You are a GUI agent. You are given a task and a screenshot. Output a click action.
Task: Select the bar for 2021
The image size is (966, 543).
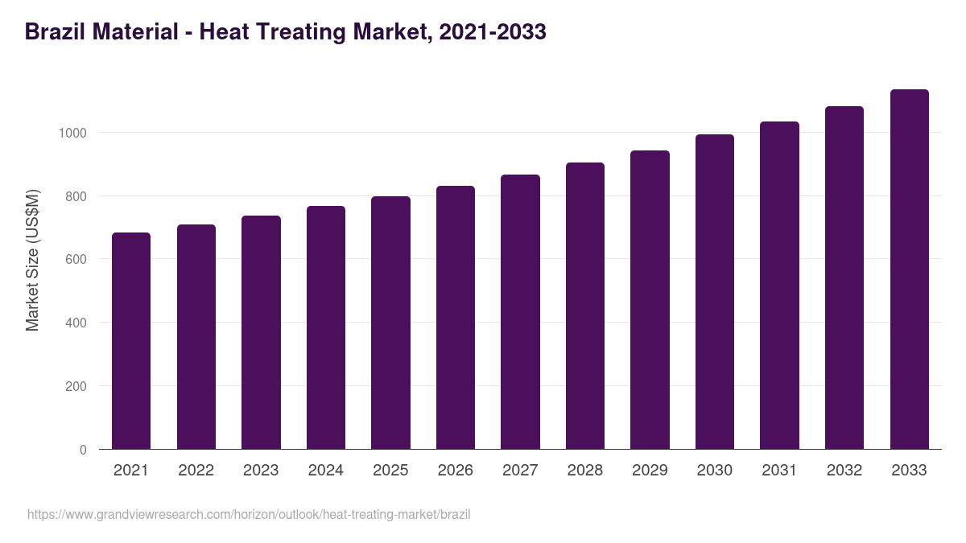(x=131, y=341)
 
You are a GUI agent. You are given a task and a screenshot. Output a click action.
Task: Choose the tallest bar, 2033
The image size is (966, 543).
(x=909, y=269)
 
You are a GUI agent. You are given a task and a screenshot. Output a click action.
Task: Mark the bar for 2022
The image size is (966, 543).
(x=196, y=337)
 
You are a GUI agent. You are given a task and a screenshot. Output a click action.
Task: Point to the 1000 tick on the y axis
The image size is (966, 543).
(x=72, y=133)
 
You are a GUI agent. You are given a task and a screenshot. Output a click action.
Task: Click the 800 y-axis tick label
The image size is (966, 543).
(x=76, y=196)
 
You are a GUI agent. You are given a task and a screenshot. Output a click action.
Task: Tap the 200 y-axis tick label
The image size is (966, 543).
(x=76, y=386)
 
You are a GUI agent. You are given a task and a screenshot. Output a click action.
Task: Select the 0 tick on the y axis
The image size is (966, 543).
(x=83, y=450)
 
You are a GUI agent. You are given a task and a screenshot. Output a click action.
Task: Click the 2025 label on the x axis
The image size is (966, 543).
(x=390, y=471)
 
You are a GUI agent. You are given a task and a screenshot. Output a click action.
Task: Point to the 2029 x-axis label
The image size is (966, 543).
(x=650, y=471)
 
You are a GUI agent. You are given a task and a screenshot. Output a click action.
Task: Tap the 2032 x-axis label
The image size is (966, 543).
(x=844, y=471)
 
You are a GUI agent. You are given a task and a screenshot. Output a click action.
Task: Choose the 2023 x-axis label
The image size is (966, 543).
(x=261, y=471)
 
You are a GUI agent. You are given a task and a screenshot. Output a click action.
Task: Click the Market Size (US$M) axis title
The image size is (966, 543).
(x=32, y=259)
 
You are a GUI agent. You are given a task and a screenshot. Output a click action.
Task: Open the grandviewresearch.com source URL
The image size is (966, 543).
(x=249, y=514)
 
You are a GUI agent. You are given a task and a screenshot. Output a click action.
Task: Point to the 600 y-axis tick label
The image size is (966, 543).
(x=76, y=260)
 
